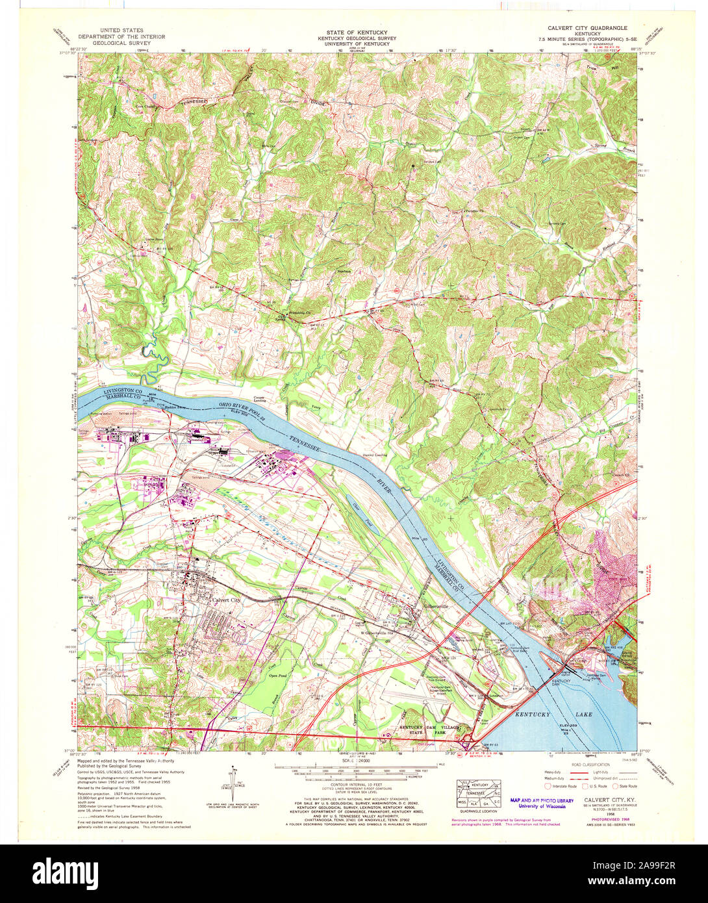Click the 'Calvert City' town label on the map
point(227,600)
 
